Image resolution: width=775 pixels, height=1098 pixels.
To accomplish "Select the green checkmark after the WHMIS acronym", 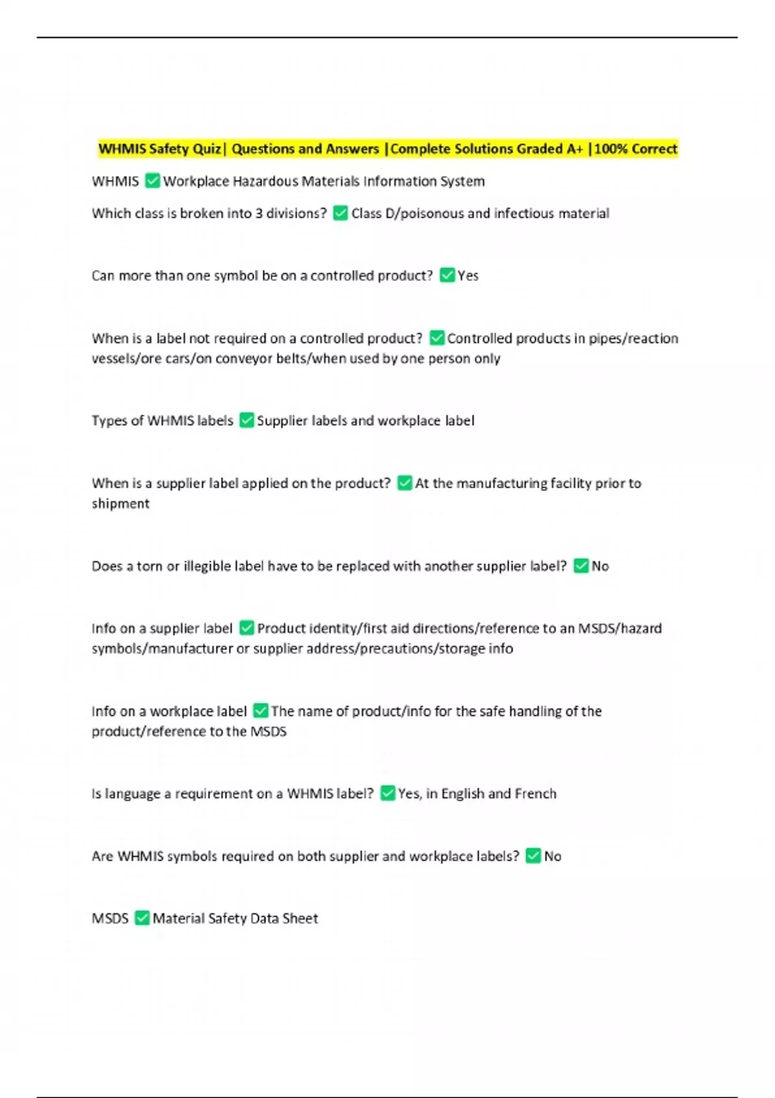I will [x=152, y=181].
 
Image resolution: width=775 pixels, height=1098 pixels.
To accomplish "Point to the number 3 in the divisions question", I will [x=259, y=213].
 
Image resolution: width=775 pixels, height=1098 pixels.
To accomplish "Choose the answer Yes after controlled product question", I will [x=468, y=276].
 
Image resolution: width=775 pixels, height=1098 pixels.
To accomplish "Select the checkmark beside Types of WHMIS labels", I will [x=246, y=420].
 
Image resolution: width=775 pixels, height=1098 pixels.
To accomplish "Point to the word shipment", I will [x=120, y=504].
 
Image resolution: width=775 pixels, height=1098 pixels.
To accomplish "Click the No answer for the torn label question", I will [x=600, y=566].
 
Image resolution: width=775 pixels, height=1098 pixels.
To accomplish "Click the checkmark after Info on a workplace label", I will [x=260, y=711].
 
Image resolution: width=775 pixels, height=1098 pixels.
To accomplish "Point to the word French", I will [x=535, y=794].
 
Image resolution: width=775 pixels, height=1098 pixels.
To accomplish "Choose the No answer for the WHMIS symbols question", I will [x=552, y=856].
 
